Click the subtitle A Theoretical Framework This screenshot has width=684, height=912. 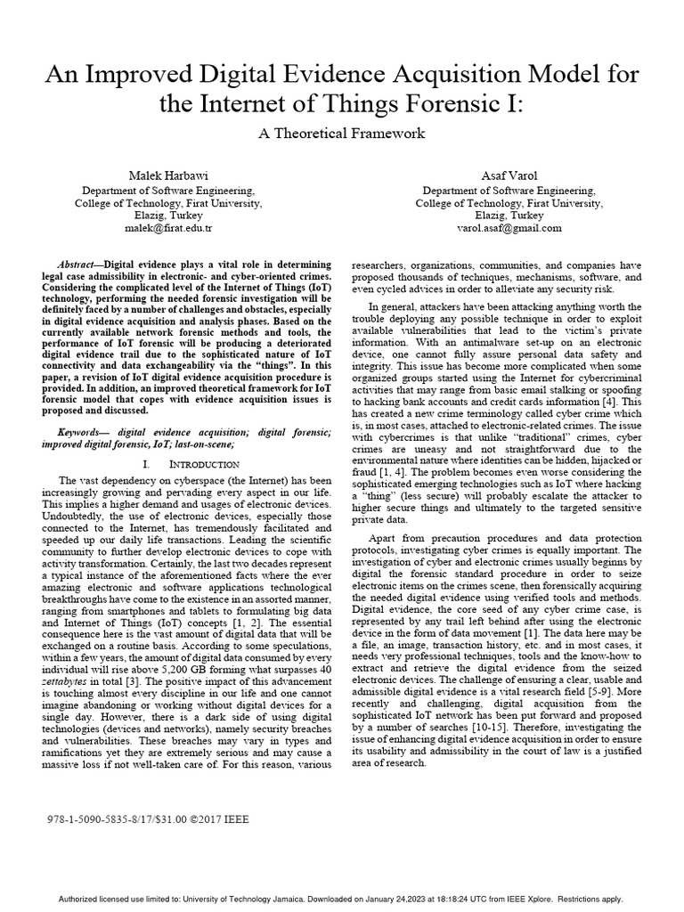[342, 134]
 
